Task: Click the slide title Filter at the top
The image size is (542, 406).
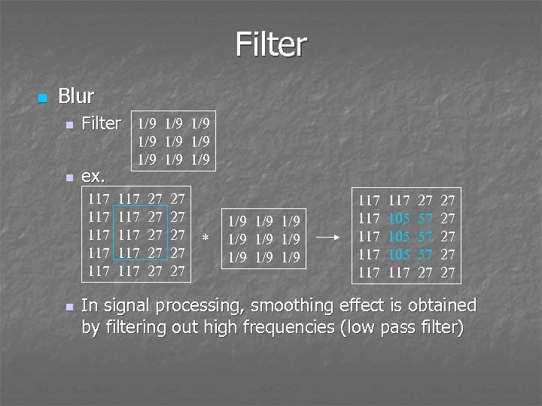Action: [x=270, y=44]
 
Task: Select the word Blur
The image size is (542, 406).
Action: [x=76, y=96]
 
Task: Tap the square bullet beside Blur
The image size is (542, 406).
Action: [x=42, y=98]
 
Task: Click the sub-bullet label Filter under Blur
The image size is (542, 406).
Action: [x=101, y=123]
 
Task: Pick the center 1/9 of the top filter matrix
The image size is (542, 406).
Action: [x=173, y=141]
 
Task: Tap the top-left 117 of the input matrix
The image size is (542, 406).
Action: [x=99, y=200]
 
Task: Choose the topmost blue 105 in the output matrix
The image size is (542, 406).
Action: [x=400, y=218]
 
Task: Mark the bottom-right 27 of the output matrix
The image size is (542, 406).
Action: [x=448, y=273]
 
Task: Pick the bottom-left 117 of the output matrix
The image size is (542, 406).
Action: [x=369, y=273]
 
